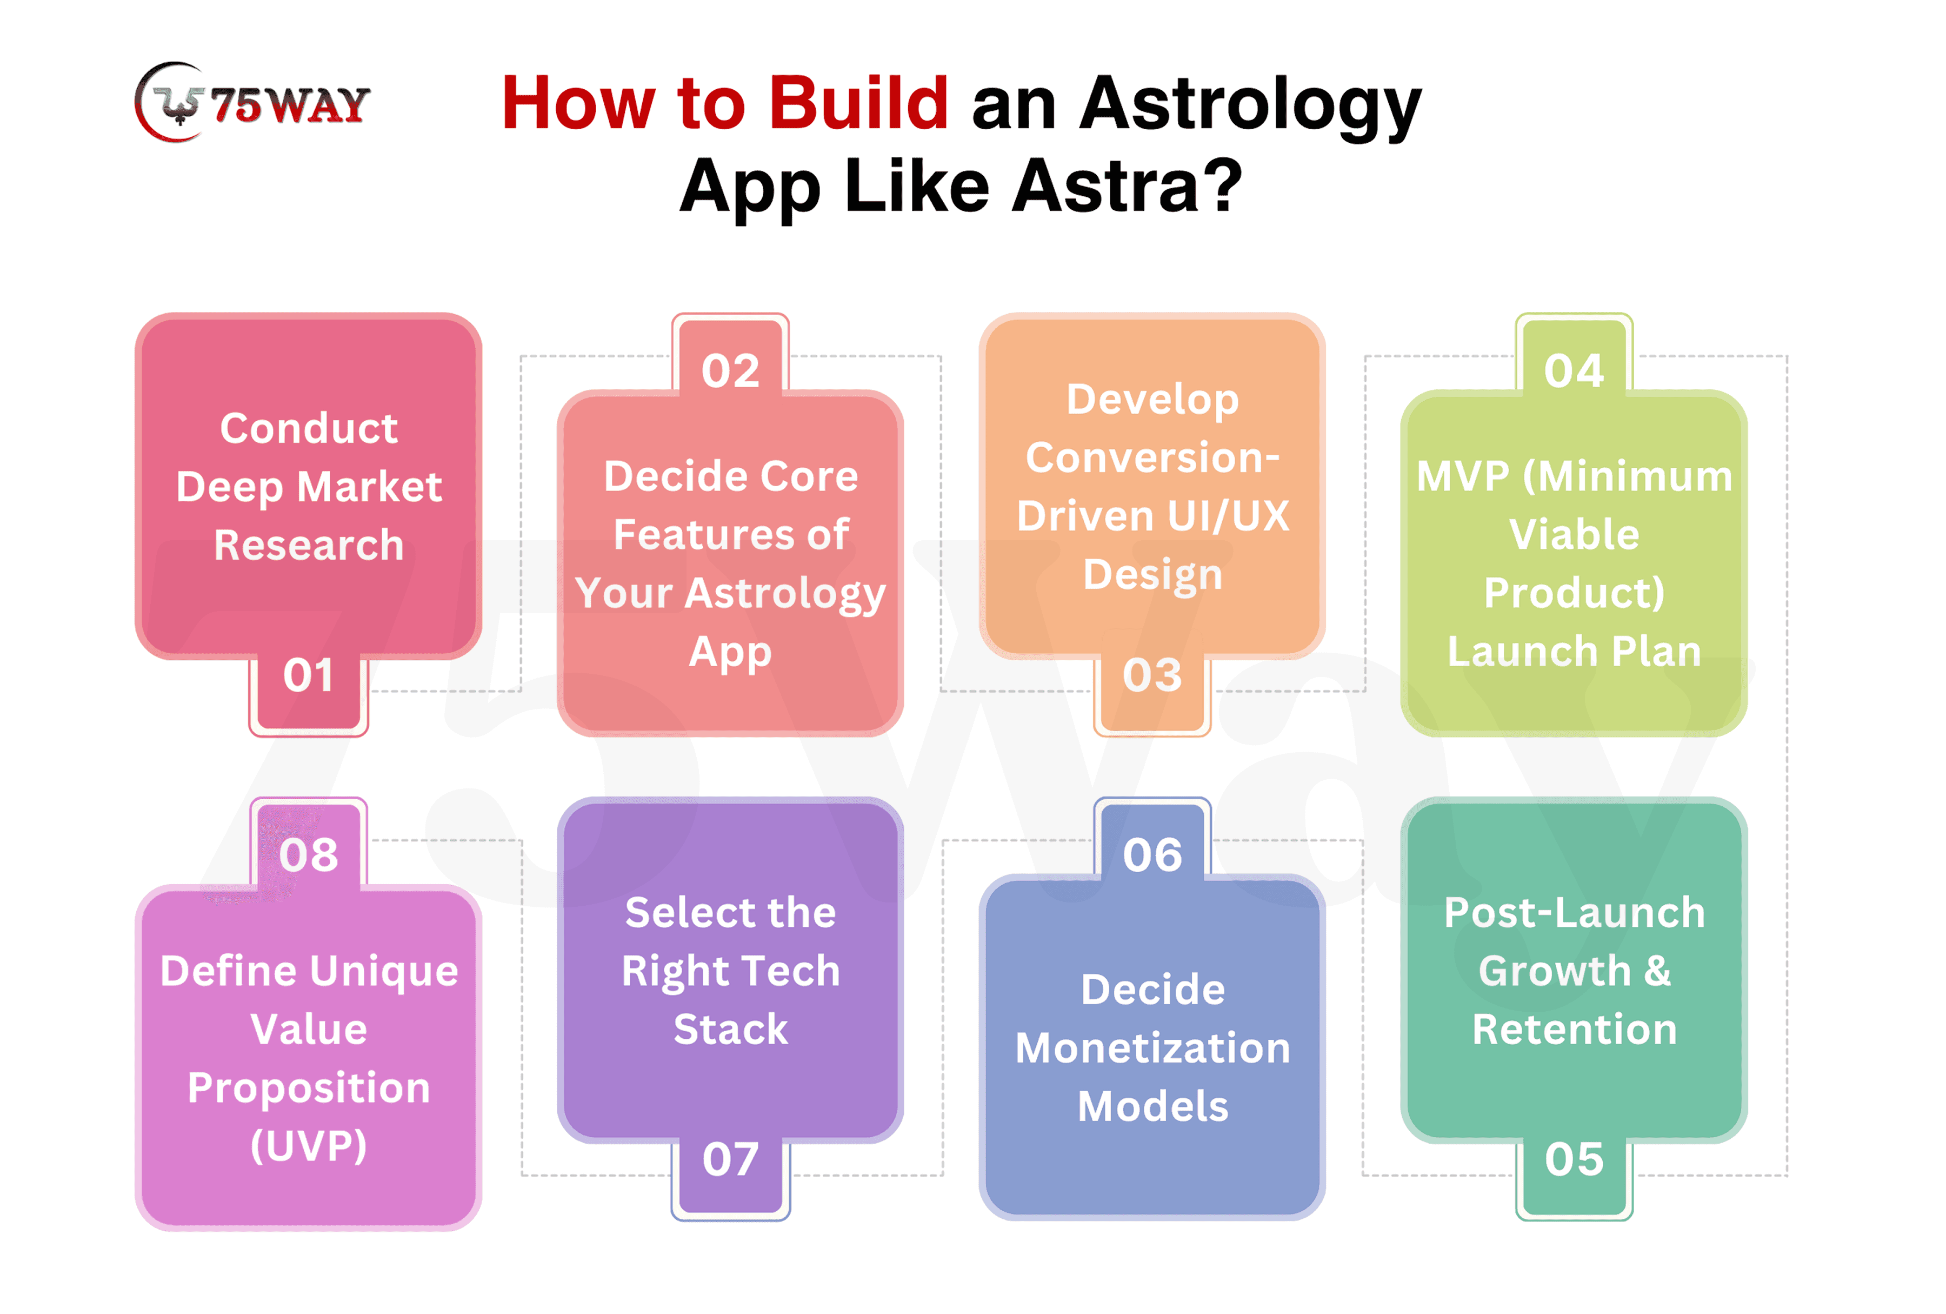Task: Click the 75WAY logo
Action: tap(252, 102)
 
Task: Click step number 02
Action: tap(730, 370)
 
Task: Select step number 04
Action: tap(1574, 370)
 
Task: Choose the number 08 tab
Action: tap(309, 855)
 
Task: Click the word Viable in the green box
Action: tap(1574, 534)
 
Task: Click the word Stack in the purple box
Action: tap(730, 1029)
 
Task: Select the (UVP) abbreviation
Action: tap(309, 1146)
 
